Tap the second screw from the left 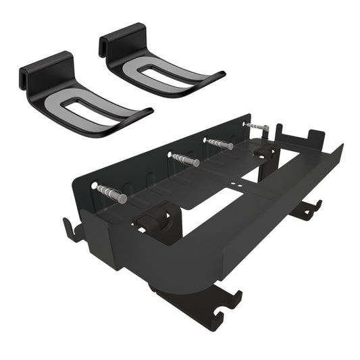pos(184,159)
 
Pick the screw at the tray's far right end pos(256,126)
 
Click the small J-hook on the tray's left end pos(73,228)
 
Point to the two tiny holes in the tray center pos(241,183)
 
